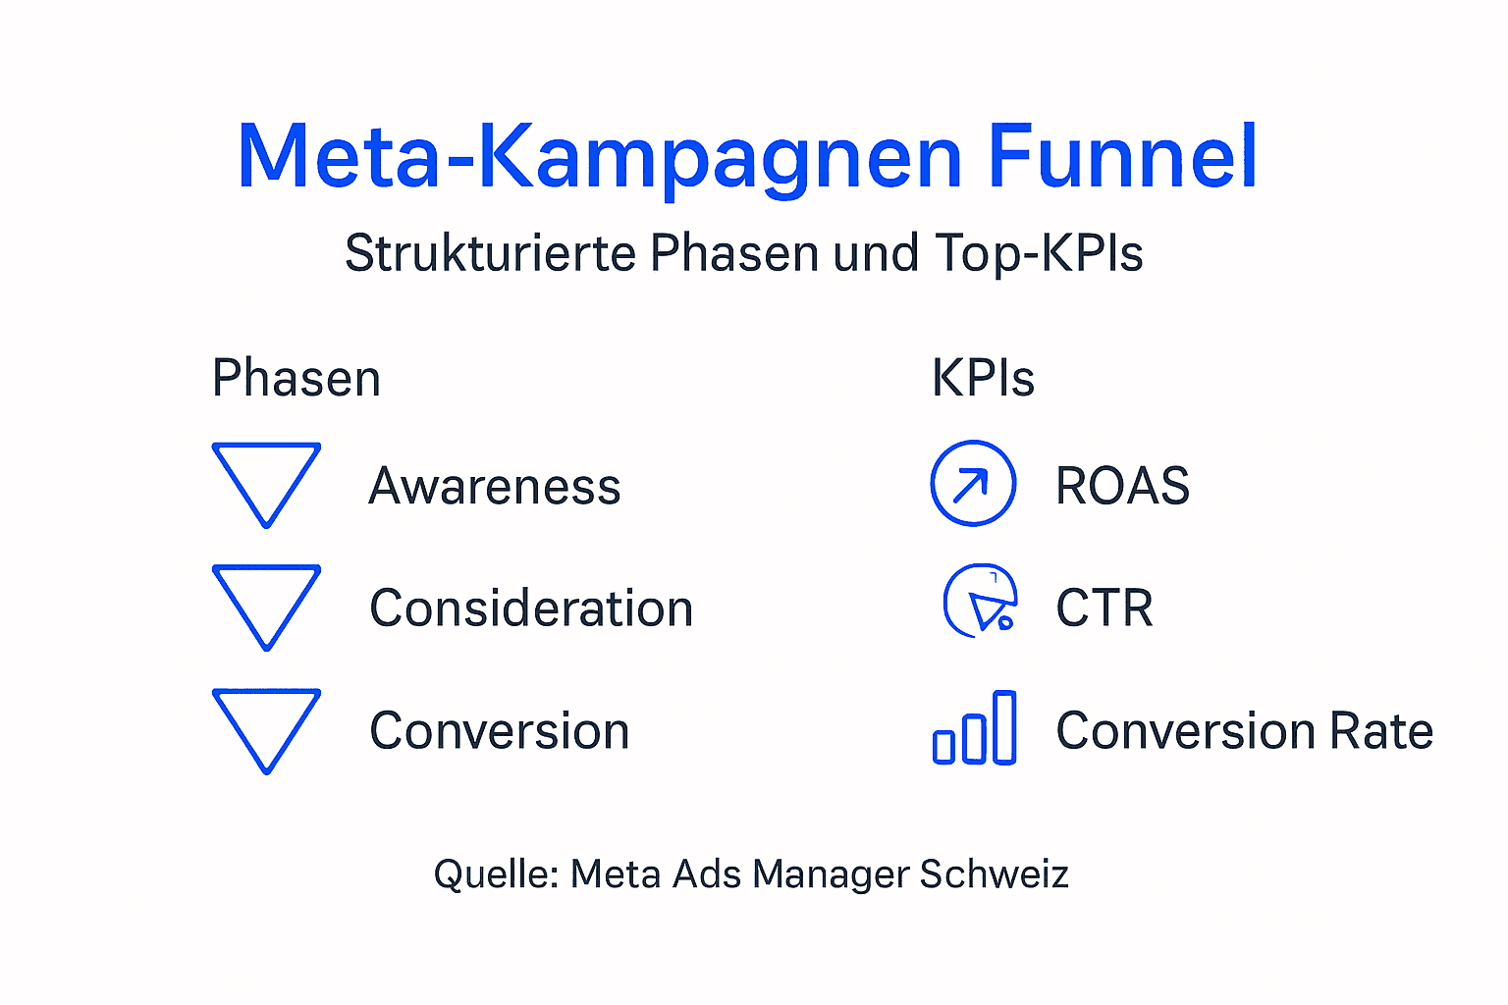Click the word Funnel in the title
pos(1121,157)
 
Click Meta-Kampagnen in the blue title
pos(599,157)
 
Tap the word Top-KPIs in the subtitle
pos(1039,253)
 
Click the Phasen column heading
pos(296,379)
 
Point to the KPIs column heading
pos(983,379)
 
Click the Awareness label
pos(495,486)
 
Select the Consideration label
pos(531,608)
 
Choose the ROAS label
pos(1122,486)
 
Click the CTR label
pos(1104,608)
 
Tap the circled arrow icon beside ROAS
pos(973,483)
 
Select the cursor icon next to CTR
pos(980,601)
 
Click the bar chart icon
pos(974,728)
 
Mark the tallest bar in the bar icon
pos(1004,727)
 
